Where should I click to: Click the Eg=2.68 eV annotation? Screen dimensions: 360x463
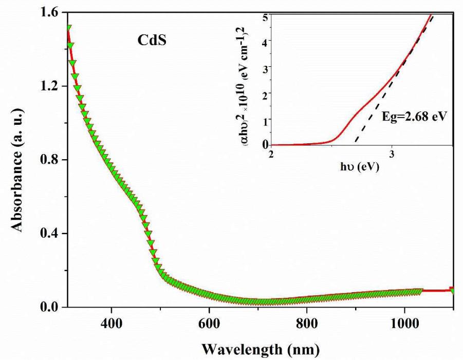(414, 117)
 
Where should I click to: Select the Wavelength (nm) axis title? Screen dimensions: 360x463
(260, 349)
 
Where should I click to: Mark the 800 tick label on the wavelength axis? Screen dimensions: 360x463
(307, 324)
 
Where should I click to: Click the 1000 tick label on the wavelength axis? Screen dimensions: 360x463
(404, 324)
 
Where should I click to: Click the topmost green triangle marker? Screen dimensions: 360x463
(68, 28)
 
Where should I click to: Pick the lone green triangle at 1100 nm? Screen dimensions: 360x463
(453, 291)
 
